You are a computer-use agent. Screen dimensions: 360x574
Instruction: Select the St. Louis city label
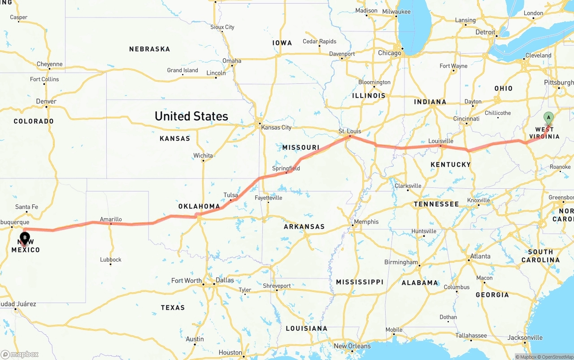coord(350,131)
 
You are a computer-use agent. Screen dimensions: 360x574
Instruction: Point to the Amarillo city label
coord(111,219)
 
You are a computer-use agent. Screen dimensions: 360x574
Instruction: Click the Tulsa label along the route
coord(230,195)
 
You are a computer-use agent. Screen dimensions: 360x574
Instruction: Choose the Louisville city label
coord(440,141)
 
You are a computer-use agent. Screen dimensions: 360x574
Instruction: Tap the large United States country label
coord(191,116)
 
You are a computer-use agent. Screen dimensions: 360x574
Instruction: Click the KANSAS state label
coord(175,139)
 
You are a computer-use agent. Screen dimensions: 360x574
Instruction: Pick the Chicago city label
coord(389,53)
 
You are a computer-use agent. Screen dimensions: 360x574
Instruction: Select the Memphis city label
coord(366,221)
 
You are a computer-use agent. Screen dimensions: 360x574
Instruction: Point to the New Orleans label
coord(352,346)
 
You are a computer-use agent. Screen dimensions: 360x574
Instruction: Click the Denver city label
coord(46,101)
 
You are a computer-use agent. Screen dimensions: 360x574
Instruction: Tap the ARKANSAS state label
coord(304,226)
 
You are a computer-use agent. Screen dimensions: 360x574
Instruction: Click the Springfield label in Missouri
coord(286,169)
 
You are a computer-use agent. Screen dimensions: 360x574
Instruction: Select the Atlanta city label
coord(479,256)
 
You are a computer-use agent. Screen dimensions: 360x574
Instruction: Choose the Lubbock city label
coord(110,259)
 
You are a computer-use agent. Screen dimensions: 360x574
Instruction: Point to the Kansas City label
coord(276,127)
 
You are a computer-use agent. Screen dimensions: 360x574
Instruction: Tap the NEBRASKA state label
coord(149,49)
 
